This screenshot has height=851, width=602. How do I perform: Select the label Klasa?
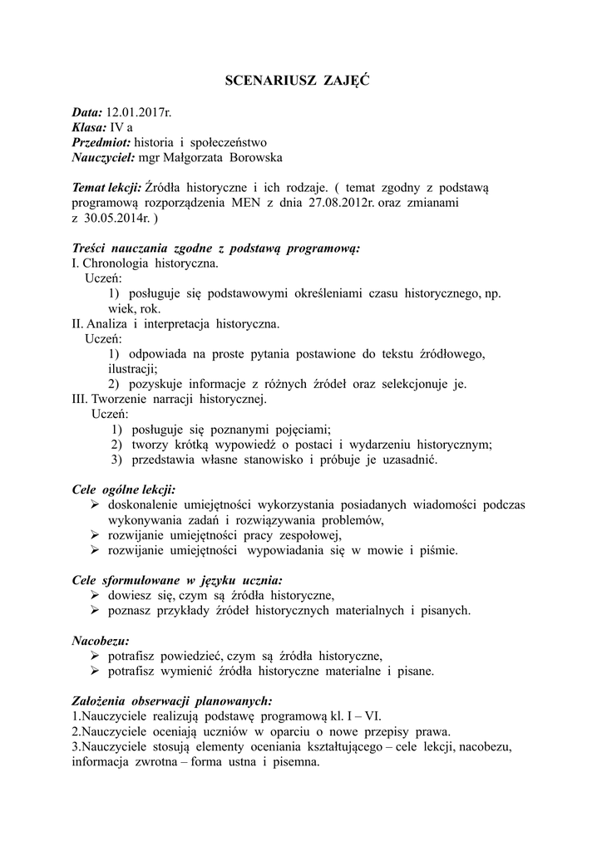tap(90, 127)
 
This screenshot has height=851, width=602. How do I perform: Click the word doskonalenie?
tap(146, 504)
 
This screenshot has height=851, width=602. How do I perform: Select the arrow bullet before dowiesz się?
tap(95, 595)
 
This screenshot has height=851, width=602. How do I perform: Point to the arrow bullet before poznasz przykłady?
tap(95, 610)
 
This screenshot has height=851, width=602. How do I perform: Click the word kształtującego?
tap(384, 746)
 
